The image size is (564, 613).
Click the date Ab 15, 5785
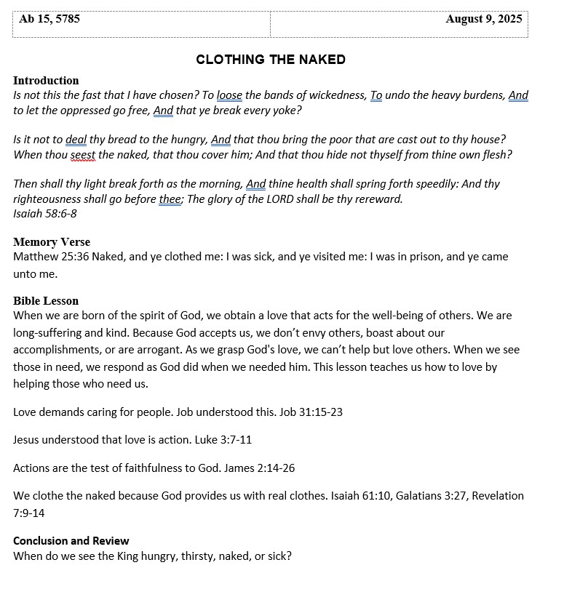(x=49, y=20)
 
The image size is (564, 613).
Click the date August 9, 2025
(x=483, y=20)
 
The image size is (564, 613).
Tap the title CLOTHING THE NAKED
(x=271, y=60)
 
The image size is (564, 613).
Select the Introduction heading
(x=46, y=81)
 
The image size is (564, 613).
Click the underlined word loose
(x=229, y=95)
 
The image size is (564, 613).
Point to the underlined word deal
(x=76, y=140)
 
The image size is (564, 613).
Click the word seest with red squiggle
(x=83, y=155)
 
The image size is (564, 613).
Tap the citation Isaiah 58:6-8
(x=45, y=214)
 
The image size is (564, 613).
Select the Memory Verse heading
(x=52, y=242)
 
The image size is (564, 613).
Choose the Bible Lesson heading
(x=46, y=301)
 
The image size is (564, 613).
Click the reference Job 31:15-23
(x=311, y=412)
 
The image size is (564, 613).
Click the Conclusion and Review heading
(x=71, y=541)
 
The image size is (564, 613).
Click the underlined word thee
(x=169, y=199)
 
